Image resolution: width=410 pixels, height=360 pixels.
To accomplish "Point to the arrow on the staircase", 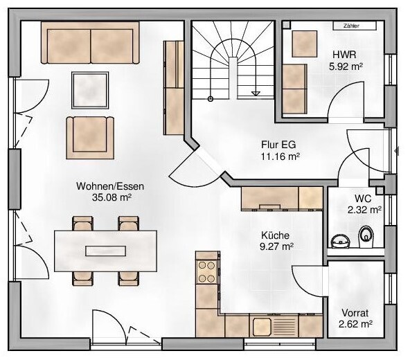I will pos(256,92).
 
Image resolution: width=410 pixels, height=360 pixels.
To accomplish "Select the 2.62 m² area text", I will pos(356,323).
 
